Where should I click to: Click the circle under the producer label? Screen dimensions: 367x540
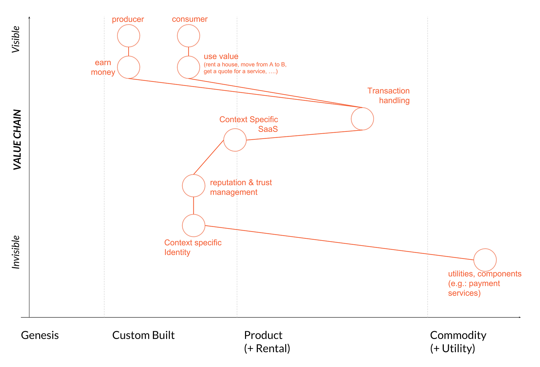[x=129, y=36]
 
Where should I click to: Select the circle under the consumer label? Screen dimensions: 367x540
[x=189, y=36]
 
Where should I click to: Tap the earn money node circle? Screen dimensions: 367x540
[x=129, y=67]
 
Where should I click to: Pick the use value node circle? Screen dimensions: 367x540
[x=189, y=67]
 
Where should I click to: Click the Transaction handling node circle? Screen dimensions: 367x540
[x=362, y=119]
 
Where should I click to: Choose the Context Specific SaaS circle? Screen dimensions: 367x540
[x=235, y=140]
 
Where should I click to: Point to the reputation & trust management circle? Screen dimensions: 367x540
[x=194, y=186]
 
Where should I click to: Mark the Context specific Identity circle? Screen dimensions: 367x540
[x=194, y=225]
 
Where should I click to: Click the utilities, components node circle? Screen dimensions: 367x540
[x=485, y=260]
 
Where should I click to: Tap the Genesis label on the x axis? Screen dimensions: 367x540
[x=40, y=335]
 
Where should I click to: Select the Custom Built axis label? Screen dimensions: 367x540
[x=143, y=335]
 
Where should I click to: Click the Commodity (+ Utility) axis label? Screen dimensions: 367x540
[x=458, y=342]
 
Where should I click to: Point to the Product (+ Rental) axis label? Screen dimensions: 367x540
[x=267, y=342]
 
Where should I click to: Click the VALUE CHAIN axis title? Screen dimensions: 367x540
[x=17, y=140]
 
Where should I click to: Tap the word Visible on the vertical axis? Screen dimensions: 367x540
[x=16, y=39]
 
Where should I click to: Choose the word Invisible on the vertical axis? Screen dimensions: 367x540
[x=16, y=252]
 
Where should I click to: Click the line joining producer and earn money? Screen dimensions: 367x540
[x=129, y=52]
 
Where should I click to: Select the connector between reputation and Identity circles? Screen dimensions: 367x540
[x=194, y=205]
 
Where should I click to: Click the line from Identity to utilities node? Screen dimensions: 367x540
[x=337, y=243]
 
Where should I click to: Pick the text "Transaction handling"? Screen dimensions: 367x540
[x=388, y=95]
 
